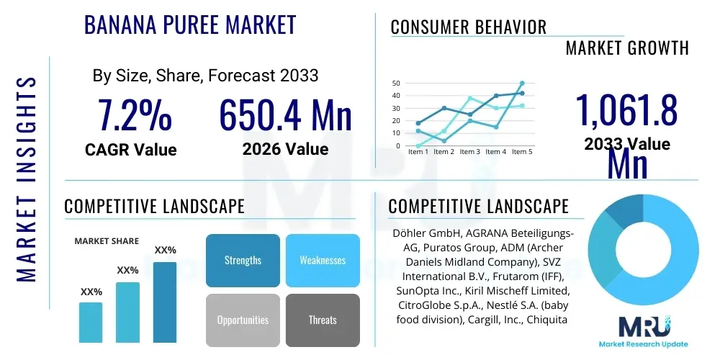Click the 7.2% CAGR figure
pos(135,115)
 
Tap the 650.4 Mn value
pos(285,115)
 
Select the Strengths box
pos(243,260)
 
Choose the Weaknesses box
pos(323,260)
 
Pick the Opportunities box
pos(243,320)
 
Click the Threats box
pos(323,320)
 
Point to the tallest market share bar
pos(165,302)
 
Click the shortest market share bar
pos(91,322)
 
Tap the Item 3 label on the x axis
pos(469,152)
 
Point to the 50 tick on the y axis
pos(395,84)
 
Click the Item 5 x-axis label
pos(521,152)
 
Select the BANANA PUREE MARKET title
pos(190,25)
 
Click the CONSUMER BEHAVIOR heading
pos(469,27)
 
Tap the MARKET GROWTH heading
pos(627,48)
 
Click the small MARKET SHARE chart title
pos(107,241)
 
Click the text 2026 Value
pos(285,149)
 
